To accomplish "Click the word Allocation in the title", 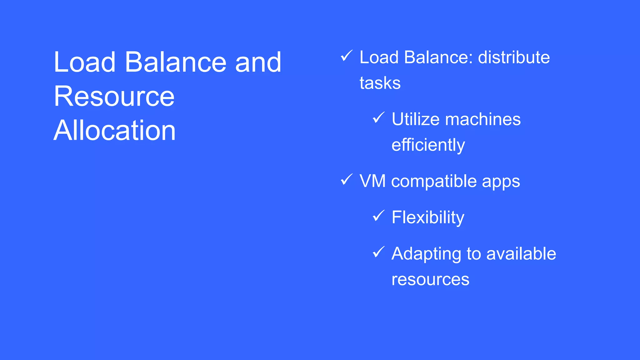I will [114, 130].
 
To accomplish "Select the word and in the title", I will [258, 62].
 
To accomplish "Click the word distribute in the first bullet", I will [514, 57].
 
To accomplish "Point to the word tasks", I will [380, 83].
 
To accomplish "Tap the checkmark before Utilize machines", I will [378, 117].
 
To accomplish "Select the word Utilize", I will [415, 119].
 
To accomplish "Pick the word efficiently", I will [428, 145].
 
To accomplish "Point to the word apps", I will [501, 182].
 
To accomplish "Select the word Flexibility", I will [428, 217].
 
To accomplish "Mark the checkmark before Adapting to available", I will [378, 252].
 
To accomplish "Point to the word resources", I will [430, 279].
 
